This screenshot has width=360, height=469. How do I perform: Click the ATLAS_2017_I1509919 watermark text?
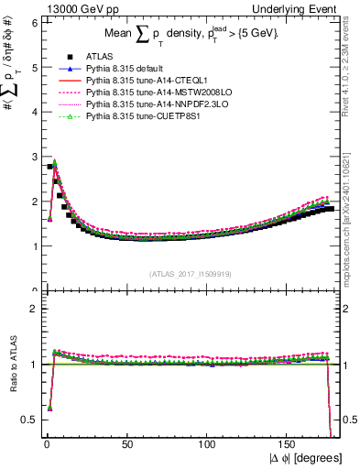[189, 274]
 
